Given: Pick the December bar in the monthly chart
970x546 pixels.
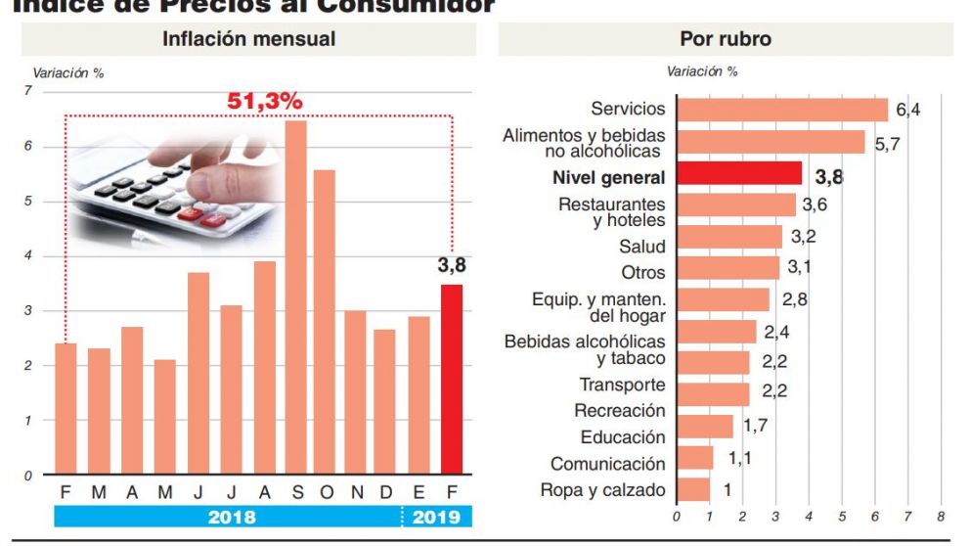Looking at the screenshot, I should (x=385, y=400).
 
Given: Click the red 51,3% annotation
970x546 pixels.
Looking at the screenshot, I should (x=265, y=102).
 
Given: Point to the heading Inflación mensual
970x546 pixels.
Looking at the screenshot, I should (x=248, y=39).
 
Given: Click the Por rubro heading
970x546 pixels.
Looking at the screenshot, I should (x=725, y=39).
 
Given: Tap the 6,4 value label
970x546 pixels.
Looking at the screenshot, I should (x=908, y=110).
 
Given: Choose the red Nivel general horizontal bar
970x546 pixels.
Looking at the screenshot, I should (x=738, y=175).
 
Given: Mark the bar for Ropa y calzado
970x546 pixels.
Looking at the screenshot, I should (x=692, y=489).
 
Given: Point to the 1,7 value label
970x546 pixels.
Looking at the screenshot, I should (x=754, y=426).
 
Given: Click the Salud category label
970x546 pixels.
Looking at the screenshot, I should (x=641, y=247).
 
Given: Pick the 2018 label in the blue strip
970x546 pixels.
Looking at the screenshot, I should (x=231, y=517).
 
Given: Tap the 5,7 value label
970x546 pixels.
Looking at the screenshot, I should (x=887, y=144).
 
